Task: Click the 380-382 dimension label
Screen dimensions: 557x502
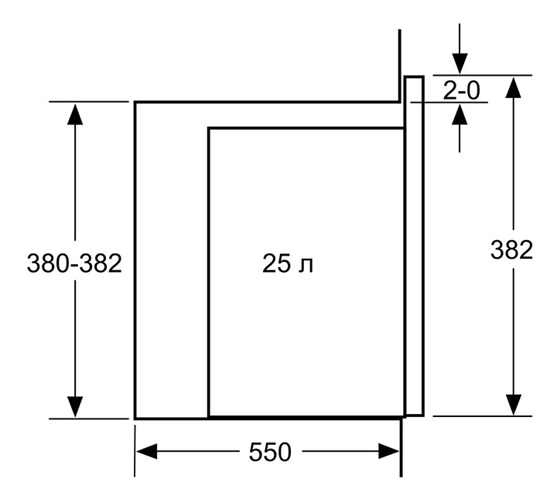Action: click(74, 263)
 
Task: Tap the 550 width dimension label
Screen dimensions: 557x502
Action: click(270, 452)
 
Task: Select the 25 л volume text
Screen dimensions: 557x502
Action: click(288, 263)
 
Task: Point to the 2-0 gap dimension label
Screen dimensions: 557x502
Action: click(461, 90)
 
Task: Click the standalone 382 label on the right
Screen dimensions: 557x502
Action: click(511, 249)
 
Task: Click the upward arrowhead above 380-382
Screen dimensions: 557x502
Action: click(75, 114)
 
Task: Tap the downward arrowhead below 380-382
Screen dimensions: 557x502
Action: click(75, 407)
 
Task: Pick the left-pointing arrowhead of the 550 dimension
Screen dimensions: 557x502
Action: click(147, 451)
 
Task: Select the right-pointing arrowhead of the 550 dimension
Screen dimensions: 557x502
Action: click(389, 451)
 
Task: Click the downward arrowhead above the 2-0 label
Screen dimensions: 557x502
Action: click(460, 64)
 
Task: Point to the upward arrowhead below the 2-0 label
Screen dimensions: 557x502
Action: click(460, 114)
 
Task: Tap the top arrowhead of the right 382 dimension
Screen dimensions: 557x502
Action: click(513, 86)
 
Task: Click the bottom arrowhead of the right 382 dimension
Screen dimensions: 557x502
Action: click(513, 405)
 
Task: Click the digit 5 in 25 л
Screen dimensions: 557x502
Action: click(283, 263)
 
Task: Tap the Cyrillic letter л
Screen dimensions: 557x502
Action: click(306, 266)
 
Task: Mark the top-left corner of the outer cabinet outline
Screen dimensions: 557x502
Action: click(135, 102)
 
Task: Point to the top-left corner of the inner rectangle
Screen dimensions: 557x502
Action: click(209, 128)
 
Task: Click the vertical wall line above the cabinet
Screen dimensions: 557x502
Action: click(400, 66)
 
